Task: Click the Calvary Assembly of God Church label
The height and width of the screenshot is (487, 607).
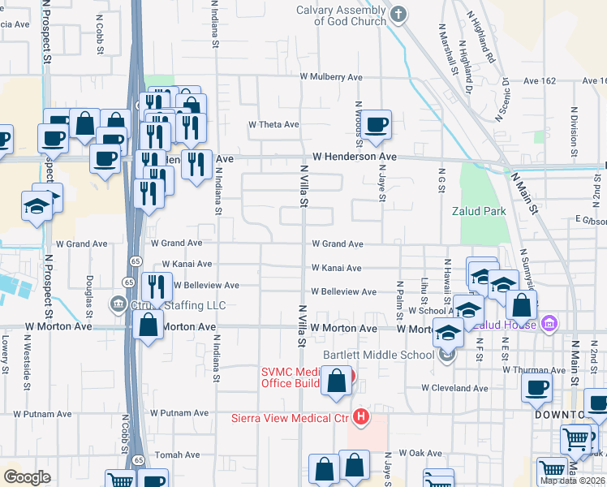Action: [341, 15]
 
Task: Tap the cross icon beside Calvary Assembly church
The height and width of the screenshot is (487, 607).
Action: [398, 14]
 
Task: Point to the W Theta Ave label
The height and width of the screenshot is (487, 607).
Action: [274, 125]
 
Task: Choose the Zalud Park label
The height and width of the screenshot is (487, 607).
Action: [479, 212]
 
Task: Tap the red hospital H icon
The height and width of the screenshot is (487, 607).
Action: [361, 419]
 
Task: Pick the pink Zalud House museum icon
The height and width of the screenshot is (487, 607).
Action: [549, 325]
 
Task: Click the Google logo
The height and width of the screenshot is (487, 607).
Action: [27, 477]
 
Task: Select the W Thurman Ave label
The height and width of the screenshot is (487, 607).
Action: [532, 369]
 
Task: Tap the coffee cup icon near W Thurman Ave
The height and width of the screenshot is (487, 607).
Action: [536, 388]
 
